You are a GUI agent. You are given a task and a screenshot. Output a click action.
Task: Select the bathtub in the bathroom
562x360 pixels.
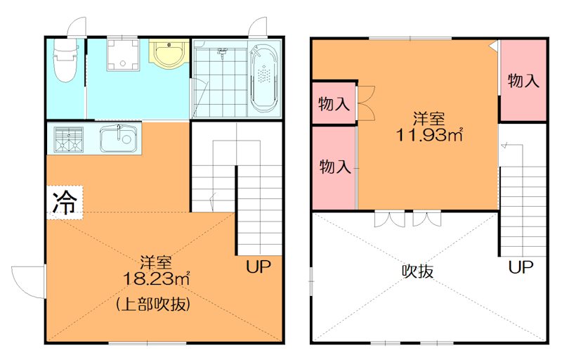click(x=265, y=77)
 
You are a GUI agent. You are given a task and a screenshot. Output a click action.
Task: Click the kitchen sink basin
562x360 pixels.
click(x=118, y=138)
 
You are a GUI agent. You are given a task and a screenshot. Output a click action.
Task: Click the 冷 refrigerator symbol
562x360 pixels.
click(x=65, y=202)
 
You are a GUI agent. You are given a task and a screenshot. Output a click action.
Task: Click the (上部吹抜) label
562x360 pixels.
click(x=155, y=304)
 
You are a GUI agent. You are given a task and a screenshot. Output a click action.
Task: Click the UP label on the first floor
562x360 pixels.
click(x=258, y=267)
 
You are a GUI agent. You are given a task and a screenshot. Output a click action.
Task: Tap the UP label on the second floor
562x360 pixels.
click(x=521, y=267)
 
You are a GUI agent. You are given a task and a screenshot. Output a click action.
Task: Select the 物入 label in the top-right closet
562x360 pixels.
click(x=523, y=81)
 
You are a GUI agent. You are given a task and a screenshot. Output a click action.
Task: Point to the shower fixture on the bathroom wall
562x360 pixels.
click(x=222, y=52)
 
